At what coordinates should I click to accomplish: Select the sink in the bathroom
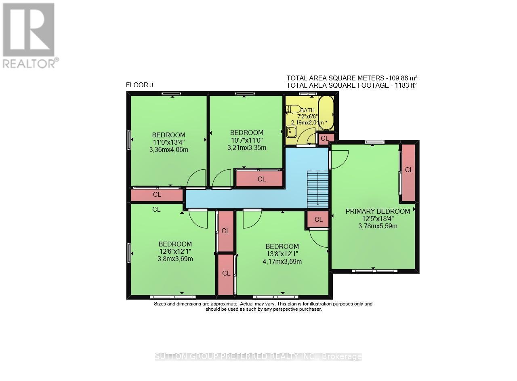point(291,131)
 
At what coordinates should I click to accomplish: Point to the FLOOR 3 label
point(139,85)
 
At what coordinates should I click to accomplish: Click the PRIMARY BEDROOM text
point(378,211)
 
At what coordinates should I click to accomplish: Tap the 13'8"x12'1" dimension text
point(282,254)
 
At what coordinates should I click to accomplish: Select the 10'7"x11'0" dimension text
point(246,140)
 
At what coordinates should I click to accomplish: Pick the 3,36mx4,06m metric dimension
point(169,149)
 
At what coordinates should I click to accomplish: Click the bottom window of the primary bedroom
point(374,271)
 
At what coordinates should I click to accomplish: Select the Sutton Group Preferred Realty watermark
point(258,356)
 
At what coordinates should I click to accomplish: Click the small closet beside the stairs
point(318,219)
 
